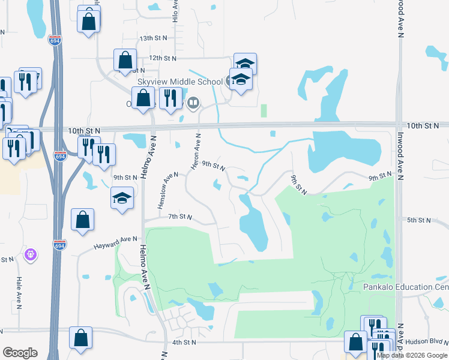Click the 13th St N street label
click(152, 38)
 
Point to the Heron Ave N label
click(196, 151)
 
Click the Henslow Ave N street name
click(168, 191)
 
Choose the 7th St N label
click(179, 217)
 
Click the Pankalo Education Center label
click(406, 287)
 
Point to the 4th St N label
click(184, 343)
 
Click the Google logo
click(20, 353)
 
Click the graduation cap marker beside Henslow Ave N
click(122, 199)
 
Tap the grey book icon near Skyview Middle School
click(193, 103)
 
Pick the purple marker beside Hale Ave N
click(31, 256)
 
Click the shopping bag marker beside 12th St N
click(125, 60)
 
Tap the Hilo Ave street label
click(175, 11)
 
